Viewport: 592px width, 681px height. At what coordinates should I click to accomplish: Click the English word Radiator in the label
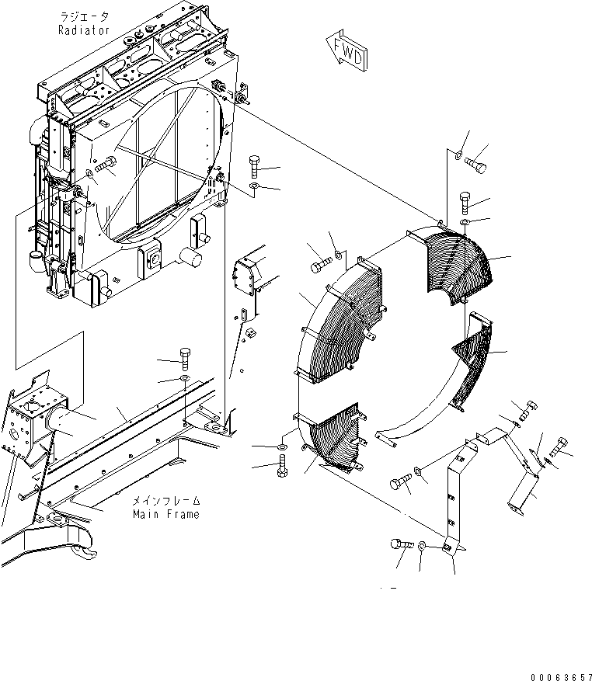pyautogui.click(x=84, y=30)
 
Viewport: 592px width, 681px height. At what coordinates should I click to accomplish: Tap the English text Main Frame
pyautogui.click(x=165, y=514)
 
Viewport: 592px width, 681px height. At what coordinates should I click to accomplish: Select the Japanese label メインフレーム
pyautogui.click(x=165, y=501)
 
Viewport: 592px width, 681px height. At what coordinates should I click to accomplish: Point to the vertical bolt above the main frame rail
pyautogui.click(x=184, y=358)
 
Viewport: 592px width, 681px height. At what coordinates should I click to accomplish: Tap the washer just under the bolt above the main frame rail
pyautogui.click(x=184, y=378)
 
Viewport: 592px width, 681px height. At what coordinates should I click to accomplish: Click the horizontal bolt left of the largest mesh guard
pyautogui.click(x=320, y=266)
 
